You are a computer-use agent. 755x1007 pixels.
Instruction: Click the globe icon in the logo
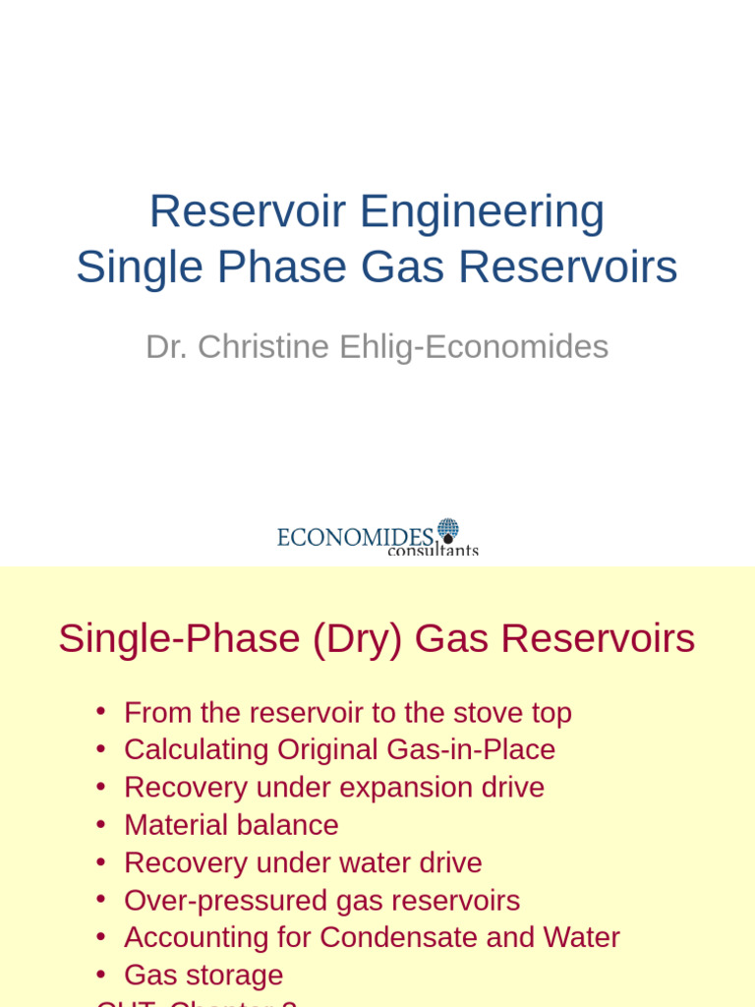coord(448,531)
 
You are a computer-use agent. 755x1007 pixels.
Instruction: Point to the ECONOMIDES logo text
coord(355,537)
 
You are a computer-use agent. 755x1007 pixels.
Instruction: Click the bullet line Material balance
coord(231,824)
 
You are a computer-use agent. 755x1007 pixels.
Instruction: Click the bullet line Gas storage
coord(203,975)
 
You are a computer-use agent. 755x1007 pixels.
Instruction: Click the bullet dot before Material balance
coord(101,824)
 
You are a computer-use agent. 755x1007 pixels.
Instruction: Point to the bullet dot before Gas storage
coord(101,975)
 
